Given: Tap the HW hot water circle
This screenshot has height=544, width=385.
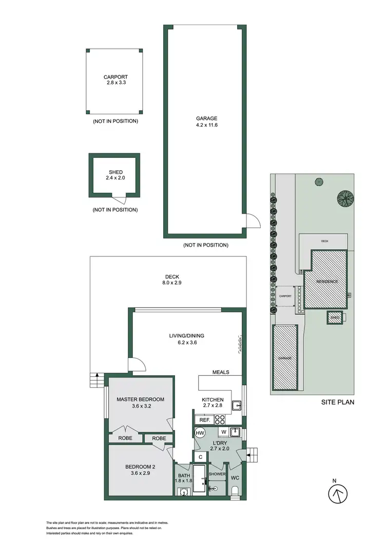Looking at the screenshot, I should click(x=200, y=433).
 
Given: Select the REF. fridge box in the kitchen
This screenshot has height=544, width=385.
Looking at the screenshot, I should click(x=204, y=420).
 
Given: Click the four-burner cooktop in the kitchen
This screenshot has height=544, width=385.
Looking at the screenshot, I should click(x=220, y=419).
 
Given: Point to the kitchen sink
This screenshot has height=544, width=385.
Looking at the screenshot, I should click(x=237, y=406).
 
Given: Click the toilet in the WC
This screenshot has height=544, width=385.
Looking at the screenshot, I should click(x=236, y=493).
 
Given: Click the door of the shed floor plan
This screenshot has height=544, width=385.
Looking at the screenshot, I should click(x=119, y=199).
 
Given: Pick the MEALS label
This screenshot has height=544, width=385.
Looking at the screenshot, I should click(x=221, y=372).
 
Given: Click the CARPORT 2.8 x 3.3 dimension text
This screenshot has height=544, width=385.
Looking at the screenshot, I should click(x=115, y=81).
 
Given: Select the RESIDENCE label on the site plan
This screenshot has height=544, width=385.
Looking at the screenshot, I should click(x=326, y=281).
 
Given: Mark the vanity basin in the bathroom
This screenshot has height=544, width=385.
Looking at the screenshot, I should click(x=183, y=493).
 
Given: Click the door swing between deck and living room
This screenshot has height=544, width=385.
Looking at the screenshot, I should click(x=136, y=365).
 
